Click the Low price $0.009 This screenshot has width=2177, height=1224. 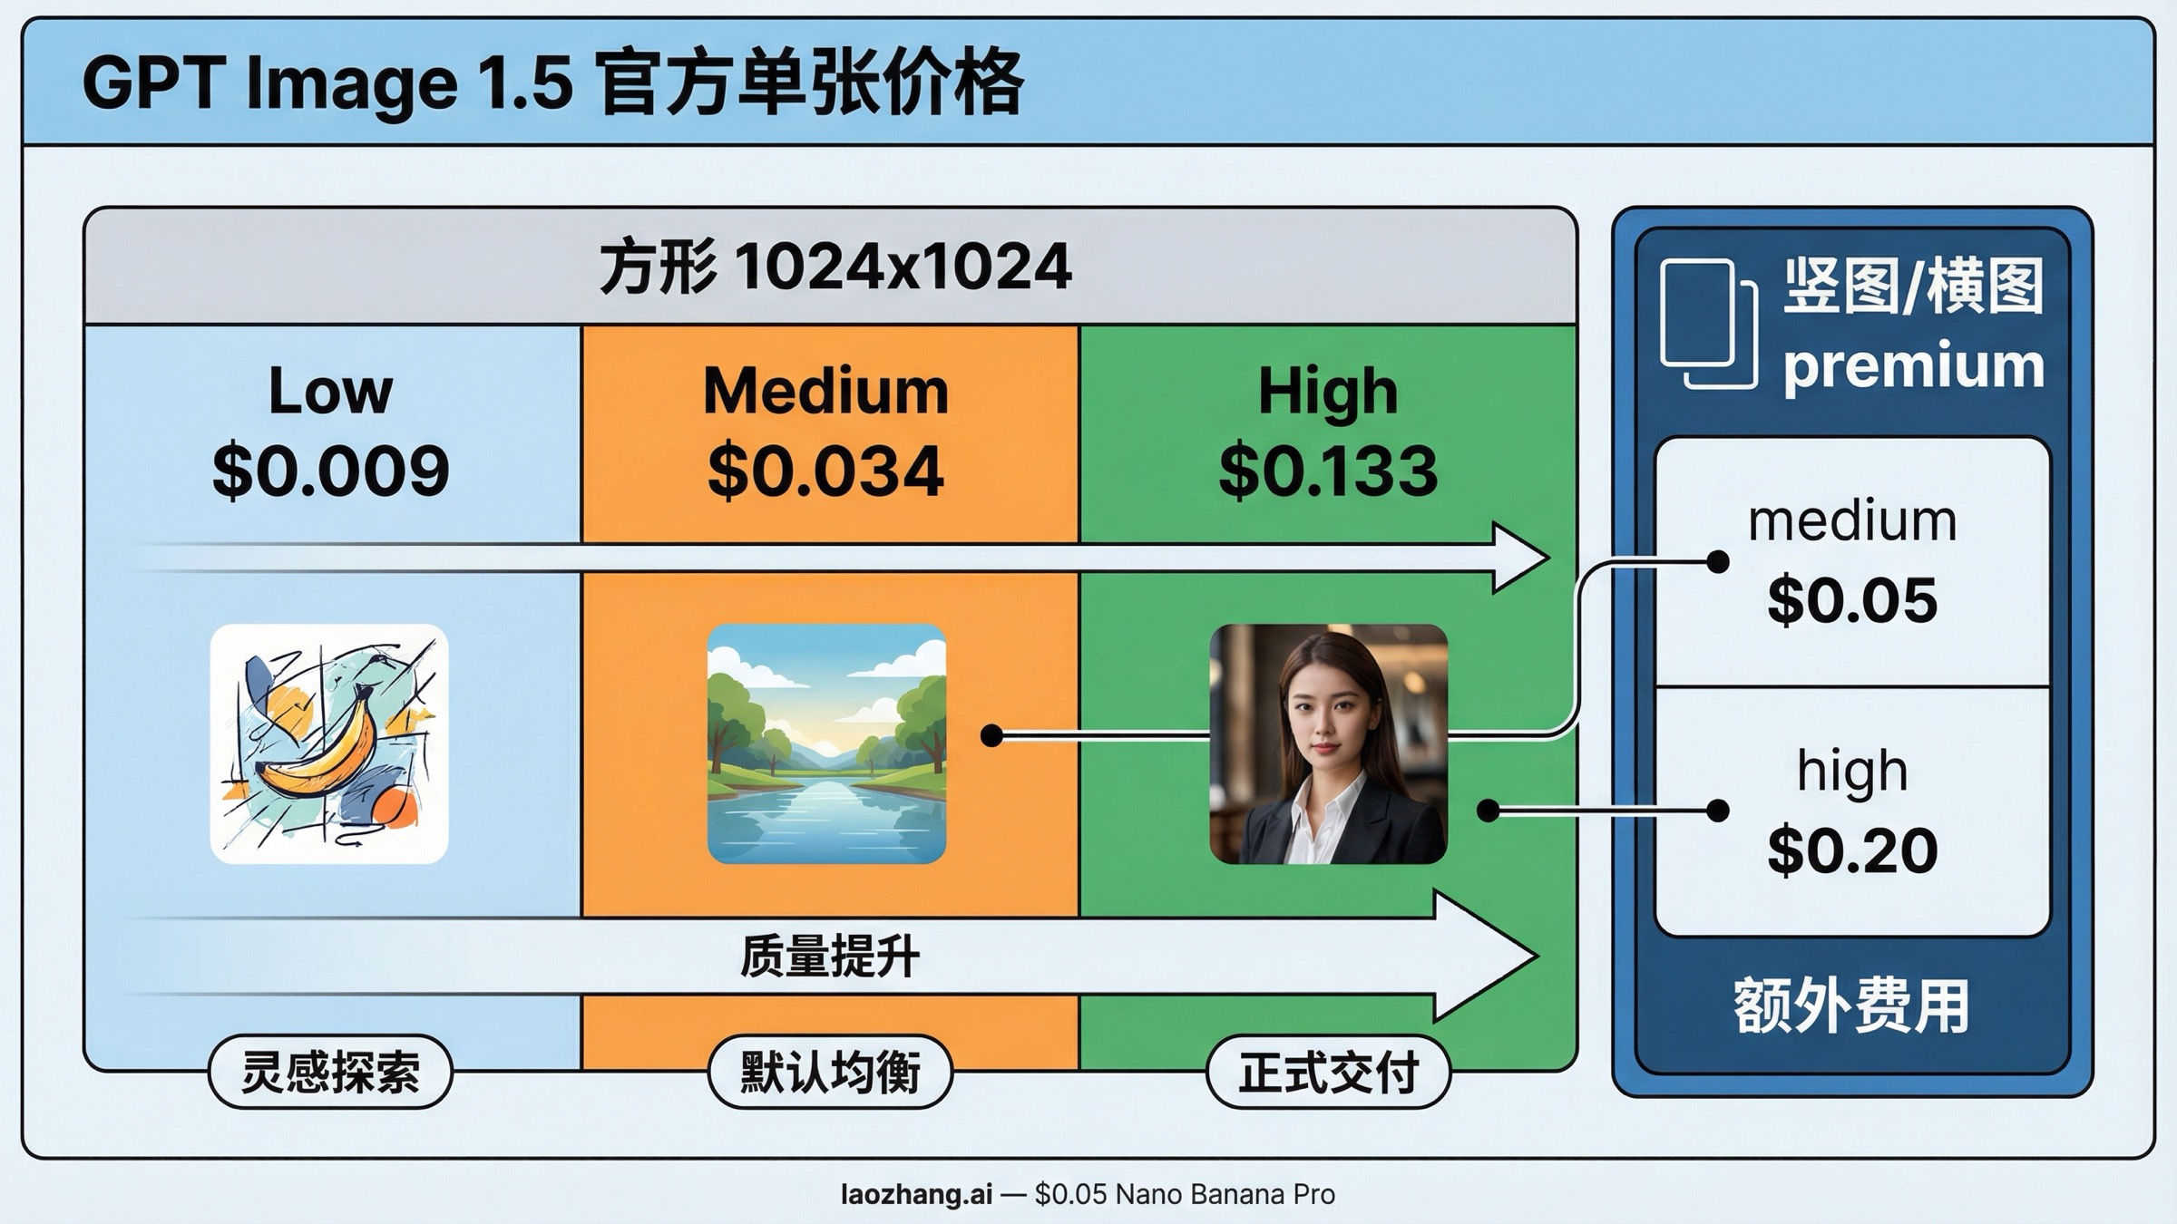(330, 471)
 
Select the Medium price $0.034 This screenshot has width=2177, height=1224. (825, 471)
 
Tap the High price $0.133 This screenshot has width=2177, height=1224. (1328, 471)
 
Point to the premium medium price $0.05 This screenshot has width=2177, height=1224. (1852, 600)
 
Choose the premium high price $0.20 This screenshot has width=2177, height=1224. (1852, 850)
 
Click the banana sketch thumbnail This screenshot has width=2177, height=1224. (329, 743)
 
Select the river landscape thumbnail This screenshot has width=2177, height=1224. (826, 743)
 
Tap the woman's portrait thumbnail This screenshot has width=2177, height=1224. (1328, 743)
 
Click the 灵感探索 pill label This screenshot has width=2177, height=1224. (330, 1072)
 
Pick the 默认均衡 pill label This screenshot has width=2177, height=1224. (830, 1072)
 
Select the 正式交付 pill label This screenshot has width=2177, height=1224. (1329, 1072)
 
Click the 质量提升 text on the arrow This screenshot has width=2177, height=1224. (830, 957)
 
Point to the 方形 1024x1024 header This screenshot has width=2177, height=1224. (835, 267)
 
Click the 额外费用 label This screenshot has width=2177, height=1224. (1851, 1006)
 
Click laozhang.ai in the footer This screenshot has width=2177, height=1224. (916, 1194)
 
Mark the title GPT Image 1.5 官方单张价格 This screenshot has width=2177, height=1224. (553, 83)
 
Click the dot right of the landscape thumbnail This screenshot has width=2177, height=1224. (991, 735)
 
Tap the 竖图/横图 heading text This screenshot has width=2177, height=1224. (1914, 286)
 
